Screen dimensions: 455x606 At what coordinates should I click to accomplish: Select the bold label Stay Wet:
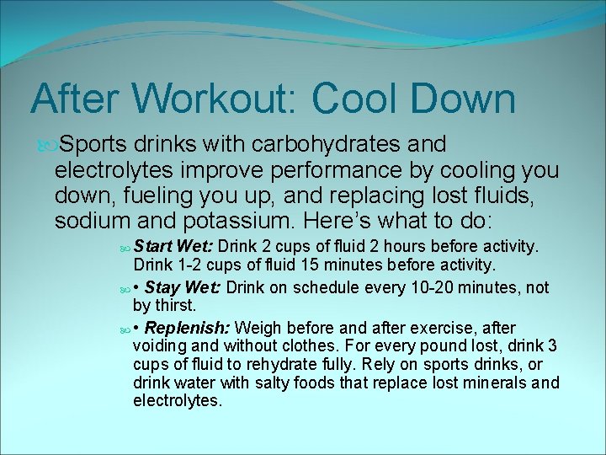coord(183,287)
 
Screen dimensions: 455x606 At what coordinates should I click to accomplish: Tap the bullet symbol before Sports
coord(43,146)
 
